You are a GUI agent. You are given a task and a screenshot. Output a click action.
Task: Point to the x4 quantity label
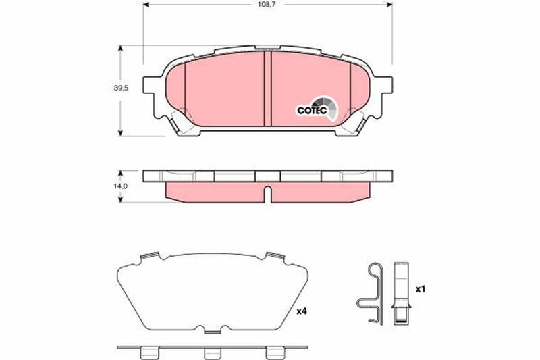(301, 312)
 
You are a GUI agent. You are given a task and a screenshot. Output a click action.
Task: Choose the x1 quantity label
(419, 289)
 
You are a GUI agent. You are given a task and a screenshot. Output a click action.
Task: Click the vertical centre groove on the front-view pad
(267, 88)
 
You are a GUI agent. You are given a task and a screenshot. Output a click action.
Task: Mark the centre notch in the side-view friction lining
(267, 195)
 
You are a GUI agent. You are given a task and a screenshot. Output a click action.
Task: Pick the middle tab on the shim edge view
(213, 353)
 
